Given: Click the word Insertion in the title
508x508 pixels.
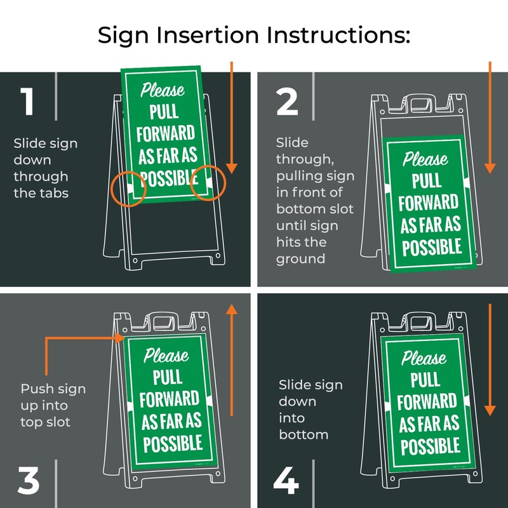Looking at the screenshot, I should (210, 36).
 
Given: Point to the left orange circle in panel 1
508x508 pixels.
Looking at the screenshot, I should (128, 187).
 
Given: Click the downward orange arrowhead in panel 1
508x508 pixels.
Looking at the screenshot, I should (232, 168).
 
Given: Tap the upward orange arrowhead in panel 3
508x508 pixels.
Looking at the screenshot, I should (232, 309).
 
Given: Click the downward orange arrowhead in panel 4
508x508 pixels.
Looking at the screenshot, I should (490, 410).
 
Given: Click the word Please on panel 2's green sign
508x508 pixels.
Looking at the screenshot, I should (425, 159).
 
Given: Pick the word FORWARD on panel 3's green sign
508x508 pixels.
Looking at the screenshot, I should (168, 400).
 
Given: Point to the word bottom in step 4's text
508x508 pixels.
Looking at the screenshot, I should (304, 435).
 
